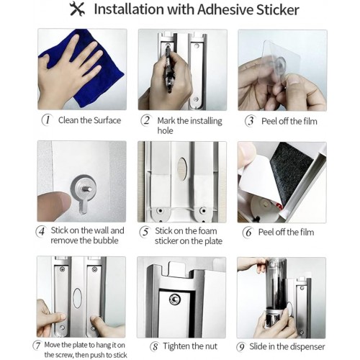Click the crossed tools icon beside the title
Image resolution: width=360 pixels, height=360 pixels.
(x=77, y=9)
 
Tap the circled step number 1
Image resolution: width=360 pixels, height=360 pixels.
(x=47, y=120)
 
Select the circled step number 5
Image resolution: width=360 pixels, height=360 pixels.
(x=145, y=232)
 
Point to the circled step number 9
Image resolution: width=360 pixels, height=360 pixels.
(x=241, y=347)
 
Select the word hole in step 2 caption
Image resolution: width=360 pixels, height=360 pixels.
(x=165, y=130)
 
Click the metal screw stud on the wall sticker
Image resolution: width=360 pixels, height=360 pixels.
(x=87, y=189)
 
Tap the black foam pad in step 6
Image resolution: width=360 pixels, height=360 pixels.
(x=292, y=171)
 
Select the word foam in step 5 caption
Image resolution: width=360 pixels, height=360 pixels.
(x=207, y=231)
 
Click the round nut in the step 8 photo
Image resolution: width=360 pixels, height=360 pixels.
(x=175, y=299)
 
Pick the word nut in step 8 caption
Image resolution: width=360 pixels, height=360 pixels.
(x=210, y=346)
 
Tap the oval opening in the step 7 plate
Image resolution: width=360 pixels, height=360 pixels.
(x=77, y=297)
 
